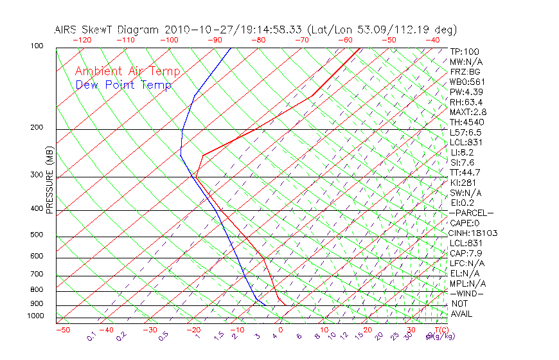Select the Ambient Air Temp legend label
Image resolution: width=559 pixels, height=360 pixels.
coord(127,71)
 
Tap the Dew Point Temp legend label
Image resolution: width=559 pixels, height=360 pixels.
coord(123,85)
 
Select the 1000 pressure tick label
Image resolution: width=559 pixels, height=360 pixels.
coord(36,316)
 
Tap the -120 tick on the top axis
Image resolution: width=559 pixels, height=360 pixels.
coord(82,40)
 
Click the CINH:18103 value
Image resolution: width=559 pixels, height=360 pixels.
coord(474,233)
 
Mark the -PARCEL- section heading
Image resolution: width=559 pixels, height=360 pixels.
coord(471,213)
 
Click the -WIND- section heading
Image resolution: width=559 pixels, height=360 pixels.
coord(466,294)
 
